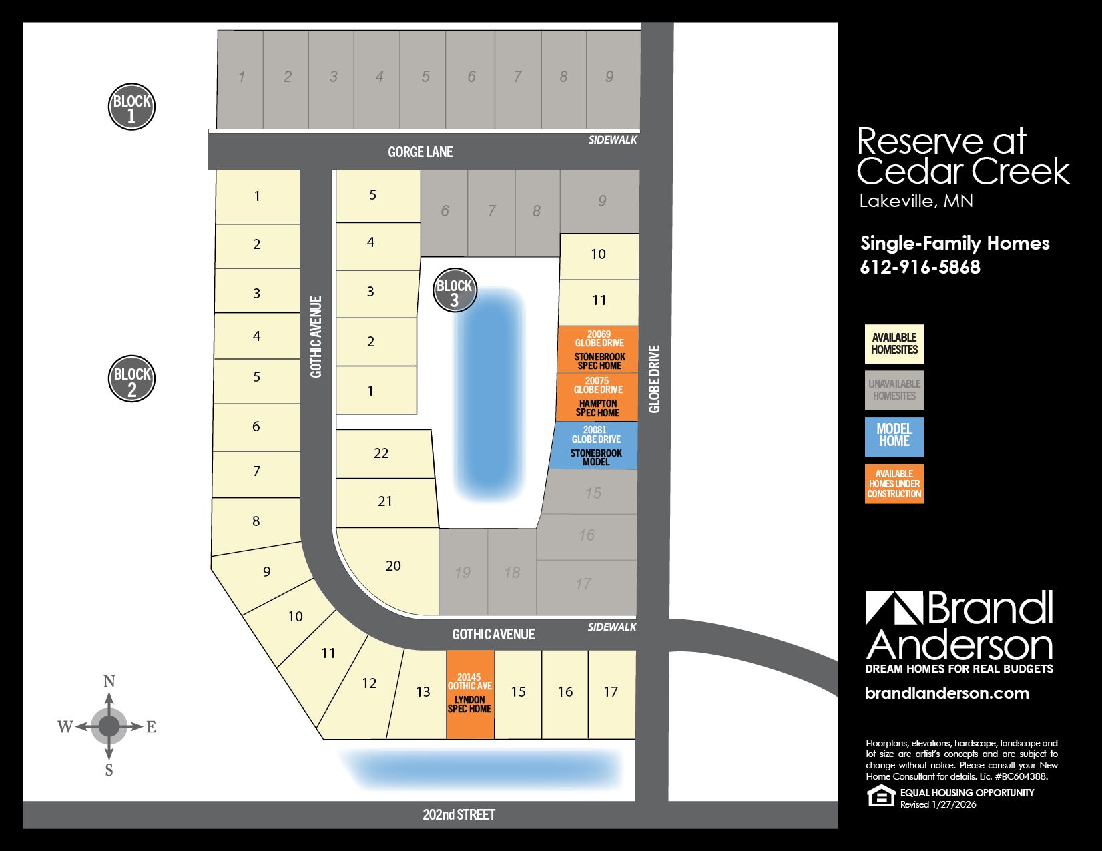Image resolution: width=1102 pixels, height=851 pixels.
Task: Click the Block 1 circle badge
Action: pos(131,107)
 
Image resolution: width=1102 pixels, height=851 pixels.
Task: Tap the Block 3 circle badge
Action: pos(455,291)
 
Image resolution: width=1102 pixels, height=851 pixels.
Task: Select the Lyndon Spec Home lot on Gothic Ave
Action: pos(470,695)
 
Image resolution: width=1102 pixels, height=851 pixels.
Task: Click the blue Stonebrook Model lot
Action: pos(595,445)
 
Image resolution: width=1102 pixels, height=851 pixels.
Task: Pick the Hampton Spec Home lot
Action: pos(597,398)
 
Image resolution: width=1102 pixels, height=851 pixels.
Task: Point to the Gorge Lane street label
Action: pos(421,152)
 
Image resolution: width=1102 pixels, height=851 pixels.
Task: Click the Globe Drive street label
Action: pos(654,378)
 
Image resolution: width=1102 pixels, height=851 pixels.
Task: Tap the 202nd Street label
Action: pos(459,814)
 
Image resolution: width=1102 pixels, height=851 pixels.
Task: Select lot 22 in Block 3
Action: pos(382,453)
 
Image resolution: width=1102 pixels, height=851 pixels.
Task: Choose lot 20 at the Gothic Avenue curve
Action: pos(393,566)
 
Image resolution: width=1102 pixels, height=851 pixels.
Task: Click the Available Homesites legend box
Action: pos(894,344)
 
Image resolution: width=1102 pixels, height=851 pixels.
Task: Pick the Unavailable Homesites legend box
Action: pos(894,390)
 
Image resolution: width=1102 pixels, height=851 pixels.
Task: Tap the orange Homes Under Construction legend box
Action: pos(894,484)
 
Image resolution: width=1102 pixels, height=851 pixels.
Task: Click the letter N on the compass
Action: pos(109,681)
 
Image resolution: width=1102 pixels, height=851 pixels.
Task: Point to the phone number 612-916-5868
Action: pos(920,267)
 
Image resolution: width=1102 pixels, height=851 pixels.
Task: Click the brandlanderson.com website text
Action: pos(946,693)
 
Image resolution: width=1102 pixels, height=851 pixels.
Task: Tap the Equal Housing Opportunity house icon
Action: pos(880,796)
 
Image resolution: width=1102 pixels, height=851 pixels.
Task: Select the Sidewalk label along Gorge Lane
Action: pos(613,140)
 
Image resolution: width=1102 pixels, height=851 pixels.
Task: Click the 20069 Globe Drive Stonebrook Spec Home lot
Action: pos(599,350)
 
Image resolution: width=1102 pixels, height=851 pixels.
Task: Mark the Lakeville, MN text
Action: pos(916,201)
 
